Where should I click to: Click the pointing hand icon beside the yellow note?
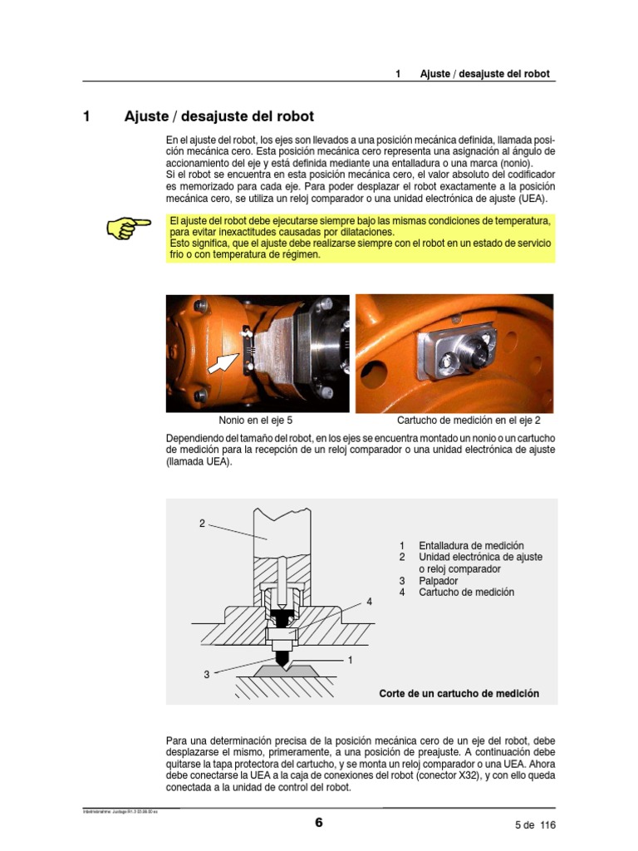tap(128, 227)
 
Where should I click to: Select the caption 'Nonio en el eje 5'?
tap(256, 421)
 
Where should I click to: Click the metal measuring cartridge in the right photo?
tap(457, 353)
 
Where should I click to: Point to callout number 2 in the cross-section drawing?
tap(202, 524)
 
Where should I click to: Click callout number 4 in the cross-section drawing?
tap(369, 601)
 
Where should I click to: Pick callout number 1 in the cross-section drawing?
tap(351, 660)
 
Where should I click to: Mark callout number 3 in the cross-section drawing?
tap(206, 675)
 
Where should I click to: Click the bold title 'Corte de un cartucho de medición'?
tap(459, 693)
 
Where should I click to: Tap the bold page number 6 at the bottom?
tap(318, 824)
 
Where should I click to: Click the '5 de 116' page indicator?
tap(534, 825)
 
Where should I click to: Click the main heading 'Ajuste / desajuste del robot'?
tap(219, 116)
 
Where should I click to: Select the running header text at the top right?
tap(484, 74)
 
